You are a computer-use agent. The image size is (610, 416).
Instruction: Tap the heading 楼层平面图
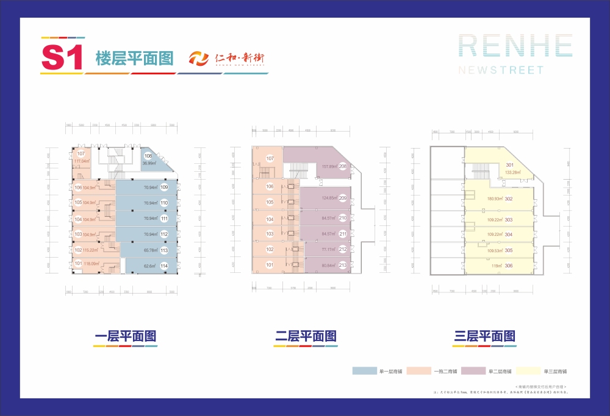pyautogui.click(x=135, y=58)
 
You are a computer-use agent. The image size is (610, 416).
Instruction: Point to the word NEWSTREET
pyautogui.click(x=501, y=70)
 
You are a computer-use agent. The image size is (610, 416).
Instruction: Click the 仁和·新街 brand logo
pyautogui.click(x=226, y=58)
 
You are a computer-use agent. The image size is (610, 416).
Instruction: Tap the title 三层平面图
pyautogui.click(x=486, y=336)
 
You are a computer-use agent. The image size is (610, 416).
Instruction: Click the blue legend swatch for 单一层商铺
pyautogui.click(x=365, y=371)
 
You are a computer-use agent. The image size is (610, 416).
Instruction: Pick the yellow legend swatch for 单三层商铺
pyautogui.click(x=526, y=371)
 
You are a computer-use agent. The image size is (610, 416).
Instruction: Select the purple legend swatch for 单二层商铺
pyautogui.click(x=473, y=371)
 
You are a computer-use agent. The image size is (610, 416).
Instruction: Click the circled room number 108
pyautogui.click(x=148, y=156)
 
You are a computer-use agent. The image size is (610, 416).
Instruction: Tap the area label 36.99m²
pyautogui.click(x=150, y=163)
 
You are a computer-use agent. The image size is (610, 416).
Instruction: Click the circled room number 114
pyautogui.click(x=164, y=266)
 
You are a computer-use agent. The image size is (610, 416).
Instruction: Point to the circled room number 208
pyautogui.click(x=343, y=166)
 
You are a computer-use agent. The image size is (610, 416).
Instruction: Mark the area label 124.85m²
pyautogui.click(x=329, y=197)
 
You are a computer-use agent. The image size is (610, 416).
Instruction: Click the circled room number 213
pyautogui.click(x=343, y=265)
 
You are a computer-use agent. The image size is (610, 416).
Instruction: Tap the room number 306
pyautogui.click(x=508, y=266)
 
